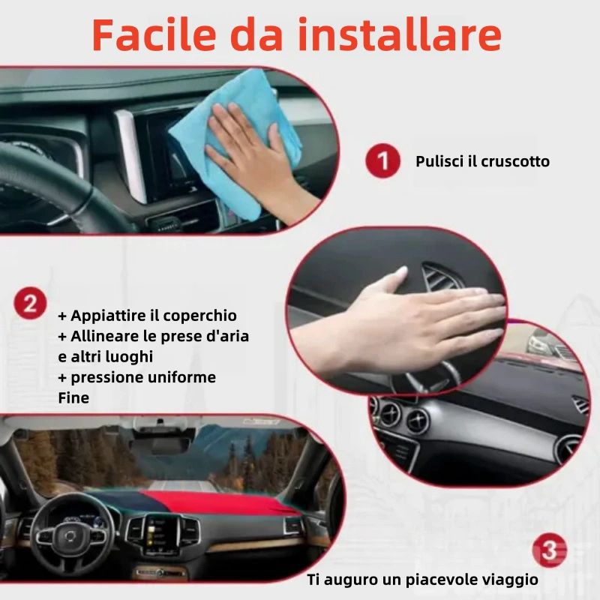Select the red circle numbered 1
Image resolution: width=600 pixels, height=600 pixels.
[x=382, y=160]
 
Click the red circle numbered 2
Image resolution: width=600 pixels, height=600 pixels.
[x=30, y=304]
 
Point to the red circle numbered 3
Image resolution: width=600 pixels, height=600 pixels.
[x=550, y=550]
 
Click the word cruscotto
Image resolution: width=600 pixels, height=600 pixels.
[x=515, y=161]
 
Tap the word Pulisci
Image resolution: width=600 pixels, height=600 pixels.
[x=440, y=162]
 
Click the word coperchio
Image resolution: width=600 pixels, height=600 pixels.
[x=199, y=316]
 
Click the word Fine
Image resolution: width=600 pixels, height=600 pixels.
[x=73, y=398]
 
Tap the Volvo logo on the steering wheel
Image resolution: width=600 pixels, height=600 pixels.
[x=70, y=536]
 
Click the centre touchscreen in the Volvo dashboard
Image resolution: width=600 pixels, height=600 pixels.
[x=161, y=533]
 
